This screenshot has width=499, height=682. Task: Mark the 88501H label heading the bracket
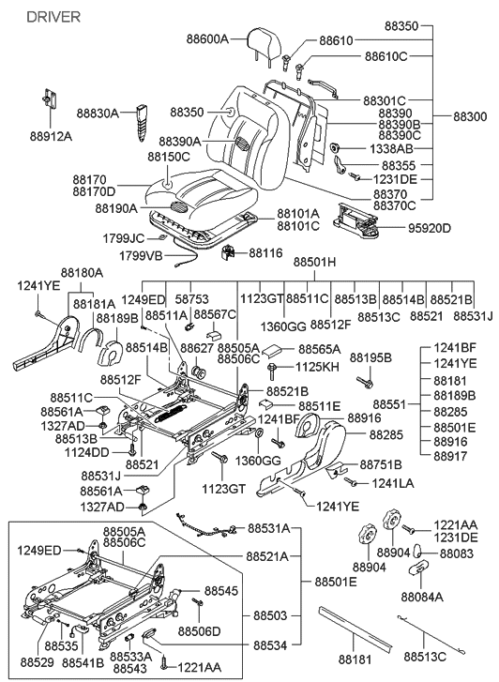(314, 262)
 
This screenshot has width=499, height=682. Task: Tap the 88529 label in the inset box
(33, 650)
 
